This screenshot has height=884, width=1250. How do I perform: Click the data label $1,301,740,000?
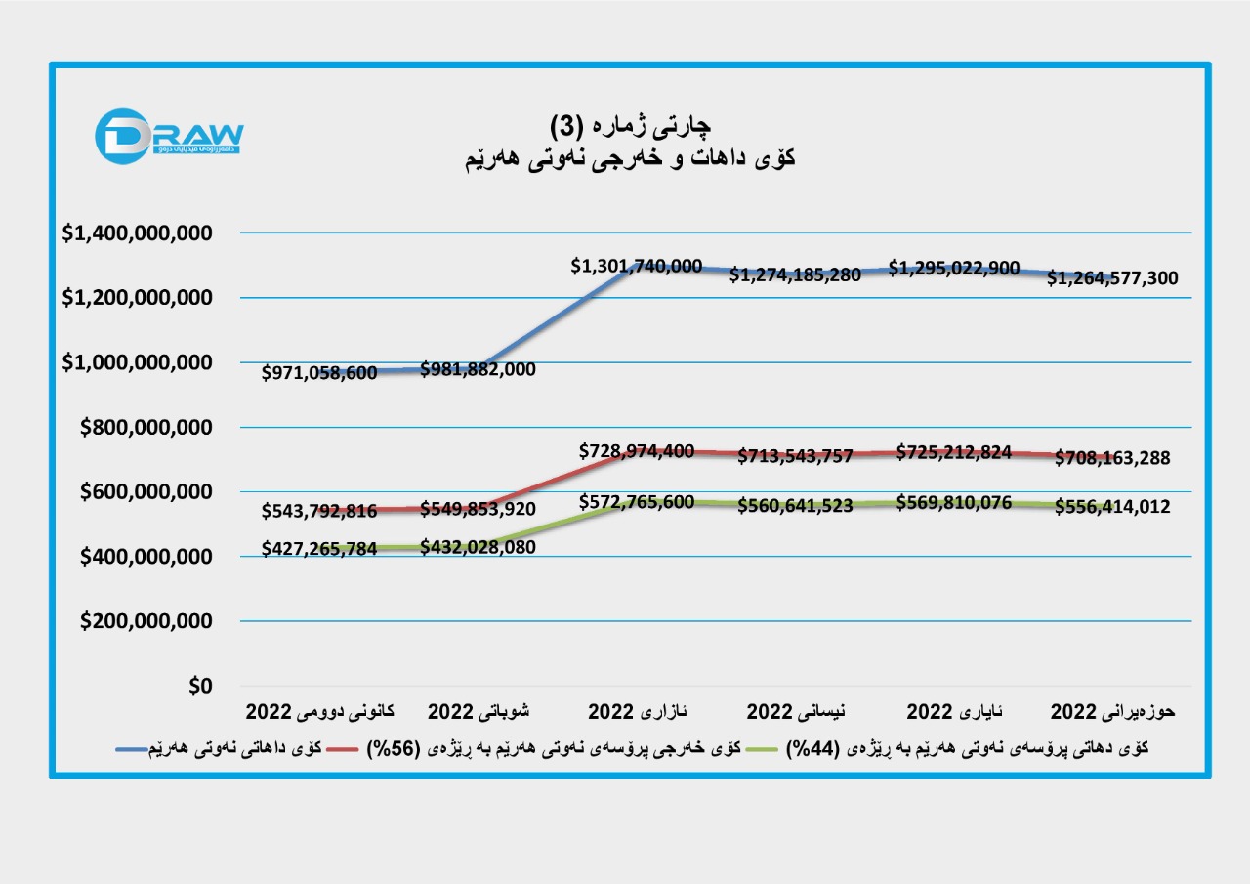637,266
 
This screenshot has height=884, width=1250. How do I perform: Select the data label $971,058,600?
319,373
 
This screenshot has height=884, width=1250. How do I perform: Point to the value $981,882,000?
479,369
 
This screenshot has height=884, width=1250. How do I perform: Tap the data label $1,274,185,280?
796,275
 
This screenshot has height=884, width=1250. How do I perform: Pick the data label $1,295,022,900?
954,268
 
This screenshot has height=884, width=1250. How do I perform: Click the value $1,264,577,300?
1112,278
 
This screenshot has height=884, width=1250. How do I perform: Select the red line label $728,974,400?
637,451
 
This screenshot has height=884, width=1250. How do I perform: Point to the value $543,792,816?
319,511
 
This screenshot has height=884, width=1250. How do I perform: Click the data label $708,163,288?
1112,457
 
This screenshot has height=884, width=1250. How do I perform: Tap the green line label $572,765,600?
637,502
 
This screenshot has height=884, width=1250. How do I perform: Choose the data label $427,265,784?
319,550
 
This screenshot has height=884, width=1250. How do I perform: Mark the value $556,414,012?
1112,508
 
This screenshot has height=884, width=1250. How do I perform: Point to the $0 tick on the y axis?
198,687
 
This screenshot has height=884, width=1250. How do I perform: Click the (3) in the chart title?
567,126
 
